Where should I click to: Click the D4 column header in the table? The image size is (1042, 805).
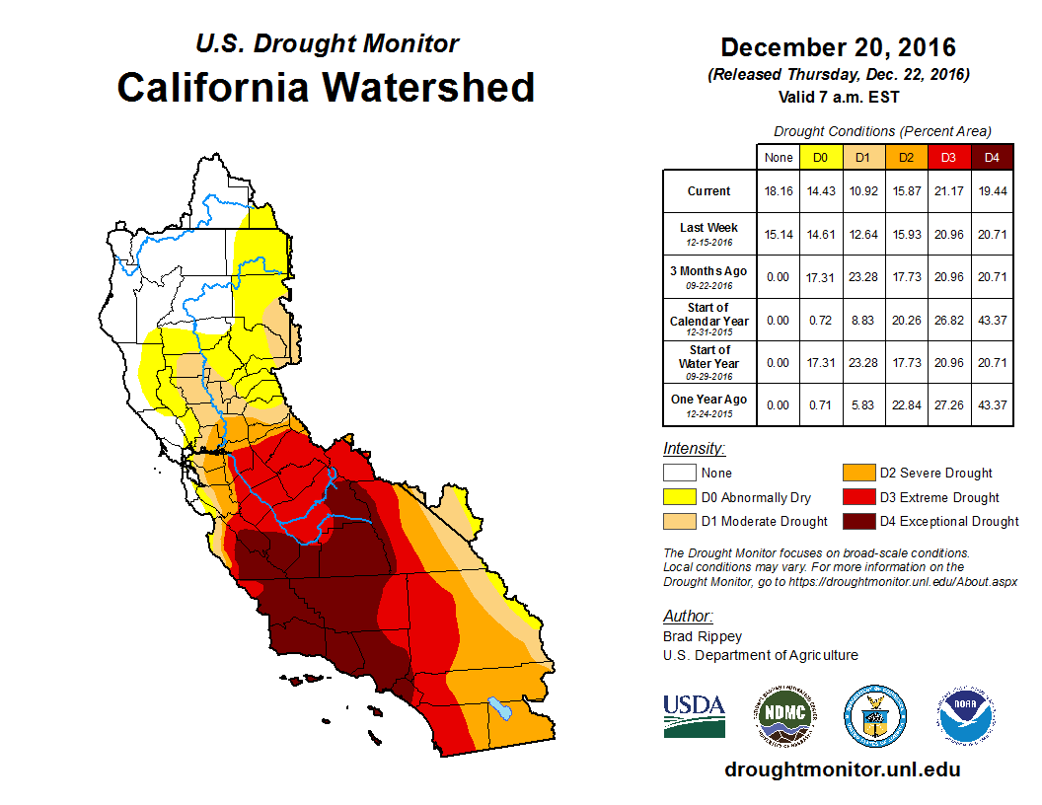(992, 157)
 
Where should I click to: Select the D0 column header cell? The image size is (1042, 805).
(820, 157)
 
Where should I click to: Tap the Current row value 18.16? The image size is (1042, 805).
(778, 191)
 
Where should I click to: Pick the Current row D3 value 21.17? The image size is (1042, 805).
(949, 191)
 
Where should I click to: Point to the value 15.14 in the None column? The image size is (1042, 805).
(778, 234)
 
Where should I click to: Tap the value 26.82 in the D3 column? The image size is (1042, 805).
(949, 320)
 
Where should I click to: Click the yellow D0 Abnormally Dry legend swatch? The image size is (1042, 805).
(679, 497)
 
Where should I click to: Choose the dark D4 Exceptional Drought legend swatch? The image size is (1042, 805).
(856, 521)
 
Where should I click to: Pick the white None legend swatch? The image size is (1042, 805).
(679, 474)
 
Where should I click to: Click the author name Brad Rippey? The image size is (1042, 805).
(702, 636)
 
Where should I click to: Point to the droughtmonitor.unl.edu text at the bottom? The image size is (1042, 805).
(842, 769)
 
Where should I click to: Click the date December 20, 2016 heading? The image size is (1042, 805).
(838, 47)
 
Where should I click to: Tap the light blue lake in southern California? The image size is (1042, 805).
(500, 708)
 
